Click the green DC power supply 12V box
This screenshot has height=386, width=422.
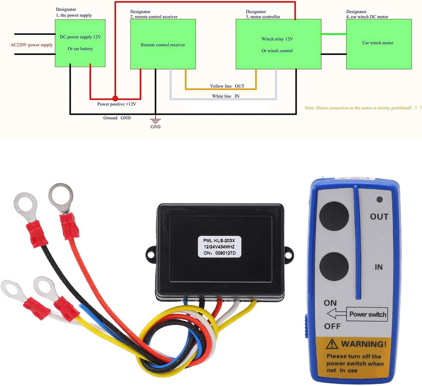[x=80, y=43]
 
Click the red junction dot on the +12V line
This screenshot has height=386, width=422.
[x=115, y=98]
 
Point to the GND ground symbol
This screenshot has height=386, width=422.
[x=155, y=121]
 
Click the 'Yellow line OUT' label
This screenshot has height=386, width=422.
[x=227, y=86]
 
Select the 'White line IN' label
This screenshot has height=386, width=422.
[x=226, y=96]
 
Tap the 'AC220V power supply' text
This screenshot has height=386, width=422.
[x=32, y=45]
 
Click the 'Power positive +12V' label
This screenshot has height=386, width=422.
[x=116, y=104]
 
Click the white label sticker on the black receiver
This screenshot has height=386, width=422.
[x=219, y=247]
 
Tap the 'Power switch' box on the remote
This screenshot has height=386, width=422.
[x=367, y=314]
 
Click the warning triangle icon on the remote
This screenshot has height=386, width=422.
[x=332, y=344]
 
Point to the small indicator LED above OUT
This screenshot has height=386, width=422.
[x=379, y=199]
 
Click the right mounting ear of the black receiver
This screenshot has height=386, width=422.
[x=288, y=255]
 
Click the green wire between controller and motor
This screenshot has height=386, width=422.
[x=333, y=34]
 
